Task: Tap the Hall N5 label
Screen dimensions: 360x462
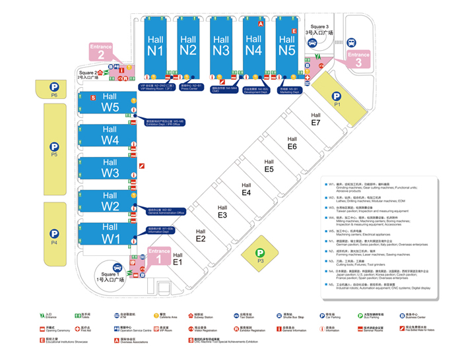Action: coord(286,44)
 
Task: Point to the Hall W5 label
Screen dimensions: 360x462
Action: coord(110,102)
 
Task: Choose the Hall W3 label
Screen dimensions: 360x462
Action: coord(110,168)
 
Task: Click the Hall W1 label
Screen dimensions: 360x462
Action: coord(110,233)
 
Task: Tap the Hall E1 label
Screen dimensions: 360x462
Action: coord(177,258)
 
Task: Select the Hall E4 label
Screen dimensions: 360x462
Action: coord(246,189)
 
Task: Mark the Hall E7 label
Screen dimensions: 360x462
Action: coord(315,119)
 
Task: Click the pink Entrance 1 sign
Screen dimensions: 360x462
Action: coord(159,256)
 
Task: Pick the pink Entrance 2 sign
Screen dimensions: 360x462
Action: coord(101,51)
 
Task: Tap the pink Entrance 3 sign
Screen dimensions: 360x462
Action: coord(358,59)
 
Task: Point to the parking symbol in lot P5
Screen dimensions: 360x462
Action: coord(53,146)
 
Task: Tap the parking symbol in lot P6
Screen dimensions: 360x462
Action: coord(53,85)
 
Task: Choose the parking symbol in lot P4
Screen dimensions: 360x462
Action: coord(53,233)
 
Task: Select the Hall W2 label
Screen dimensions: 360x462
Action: coord(110,200)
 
